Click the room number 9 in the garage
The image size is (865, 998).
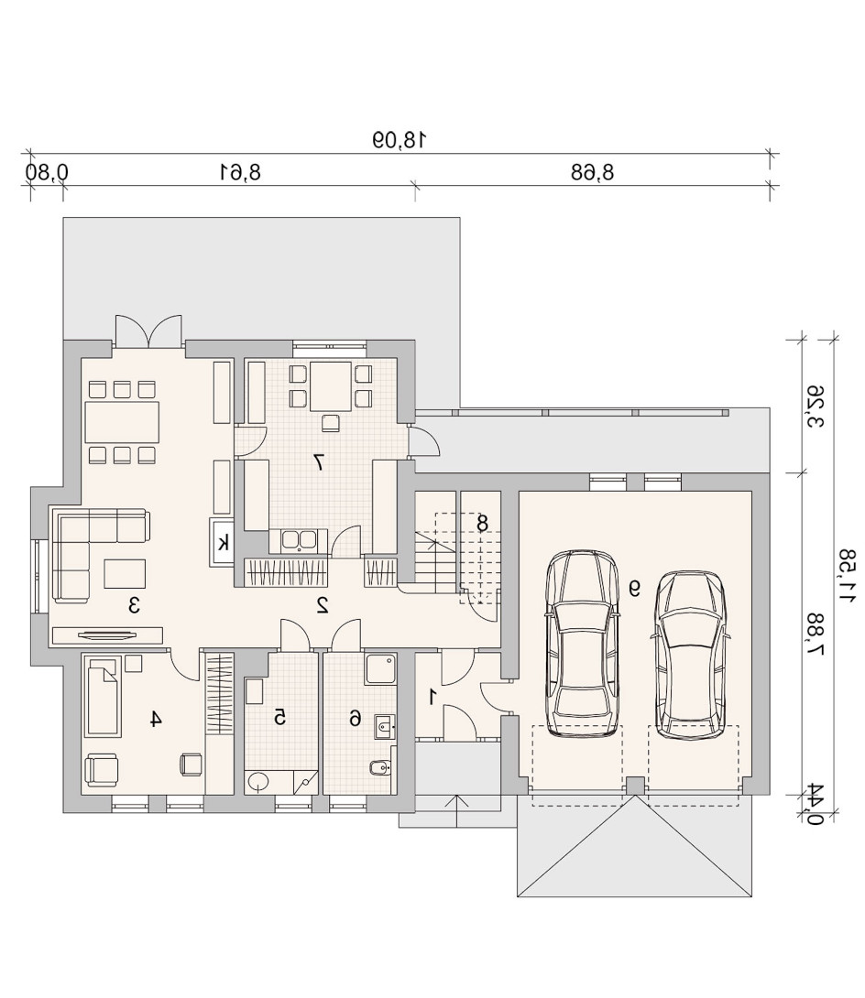(634, 588)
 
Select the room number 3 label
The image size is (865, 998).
(134, 604)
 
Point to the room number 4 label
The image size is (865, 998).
(156, 719)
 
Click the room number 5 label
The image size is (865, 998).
(279, 718)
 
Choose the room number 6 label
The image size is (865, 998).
(355, 719)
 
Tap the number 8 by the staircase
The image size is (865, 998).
(482, 523)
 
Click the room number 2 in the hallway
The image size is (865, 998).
(322, 604)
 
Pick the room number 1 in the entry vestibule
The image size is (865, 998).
(433, 697)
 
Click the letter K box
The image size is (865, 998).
(223, 542)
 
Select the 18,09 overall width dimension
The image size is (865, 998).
(398, 139)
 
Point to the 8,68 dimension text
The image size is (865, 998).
(592, 172)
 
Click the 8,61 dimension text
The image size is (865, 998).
(240, 172)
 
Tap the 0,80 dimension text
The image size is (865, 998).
(47, 172)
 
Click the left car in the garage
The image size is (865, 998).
(583, 644)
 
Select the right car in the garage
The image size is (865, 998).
(690, 655)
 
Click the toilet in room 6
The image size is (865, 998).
(378, 768)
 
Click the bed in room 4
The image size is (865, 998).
(103, 697)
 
